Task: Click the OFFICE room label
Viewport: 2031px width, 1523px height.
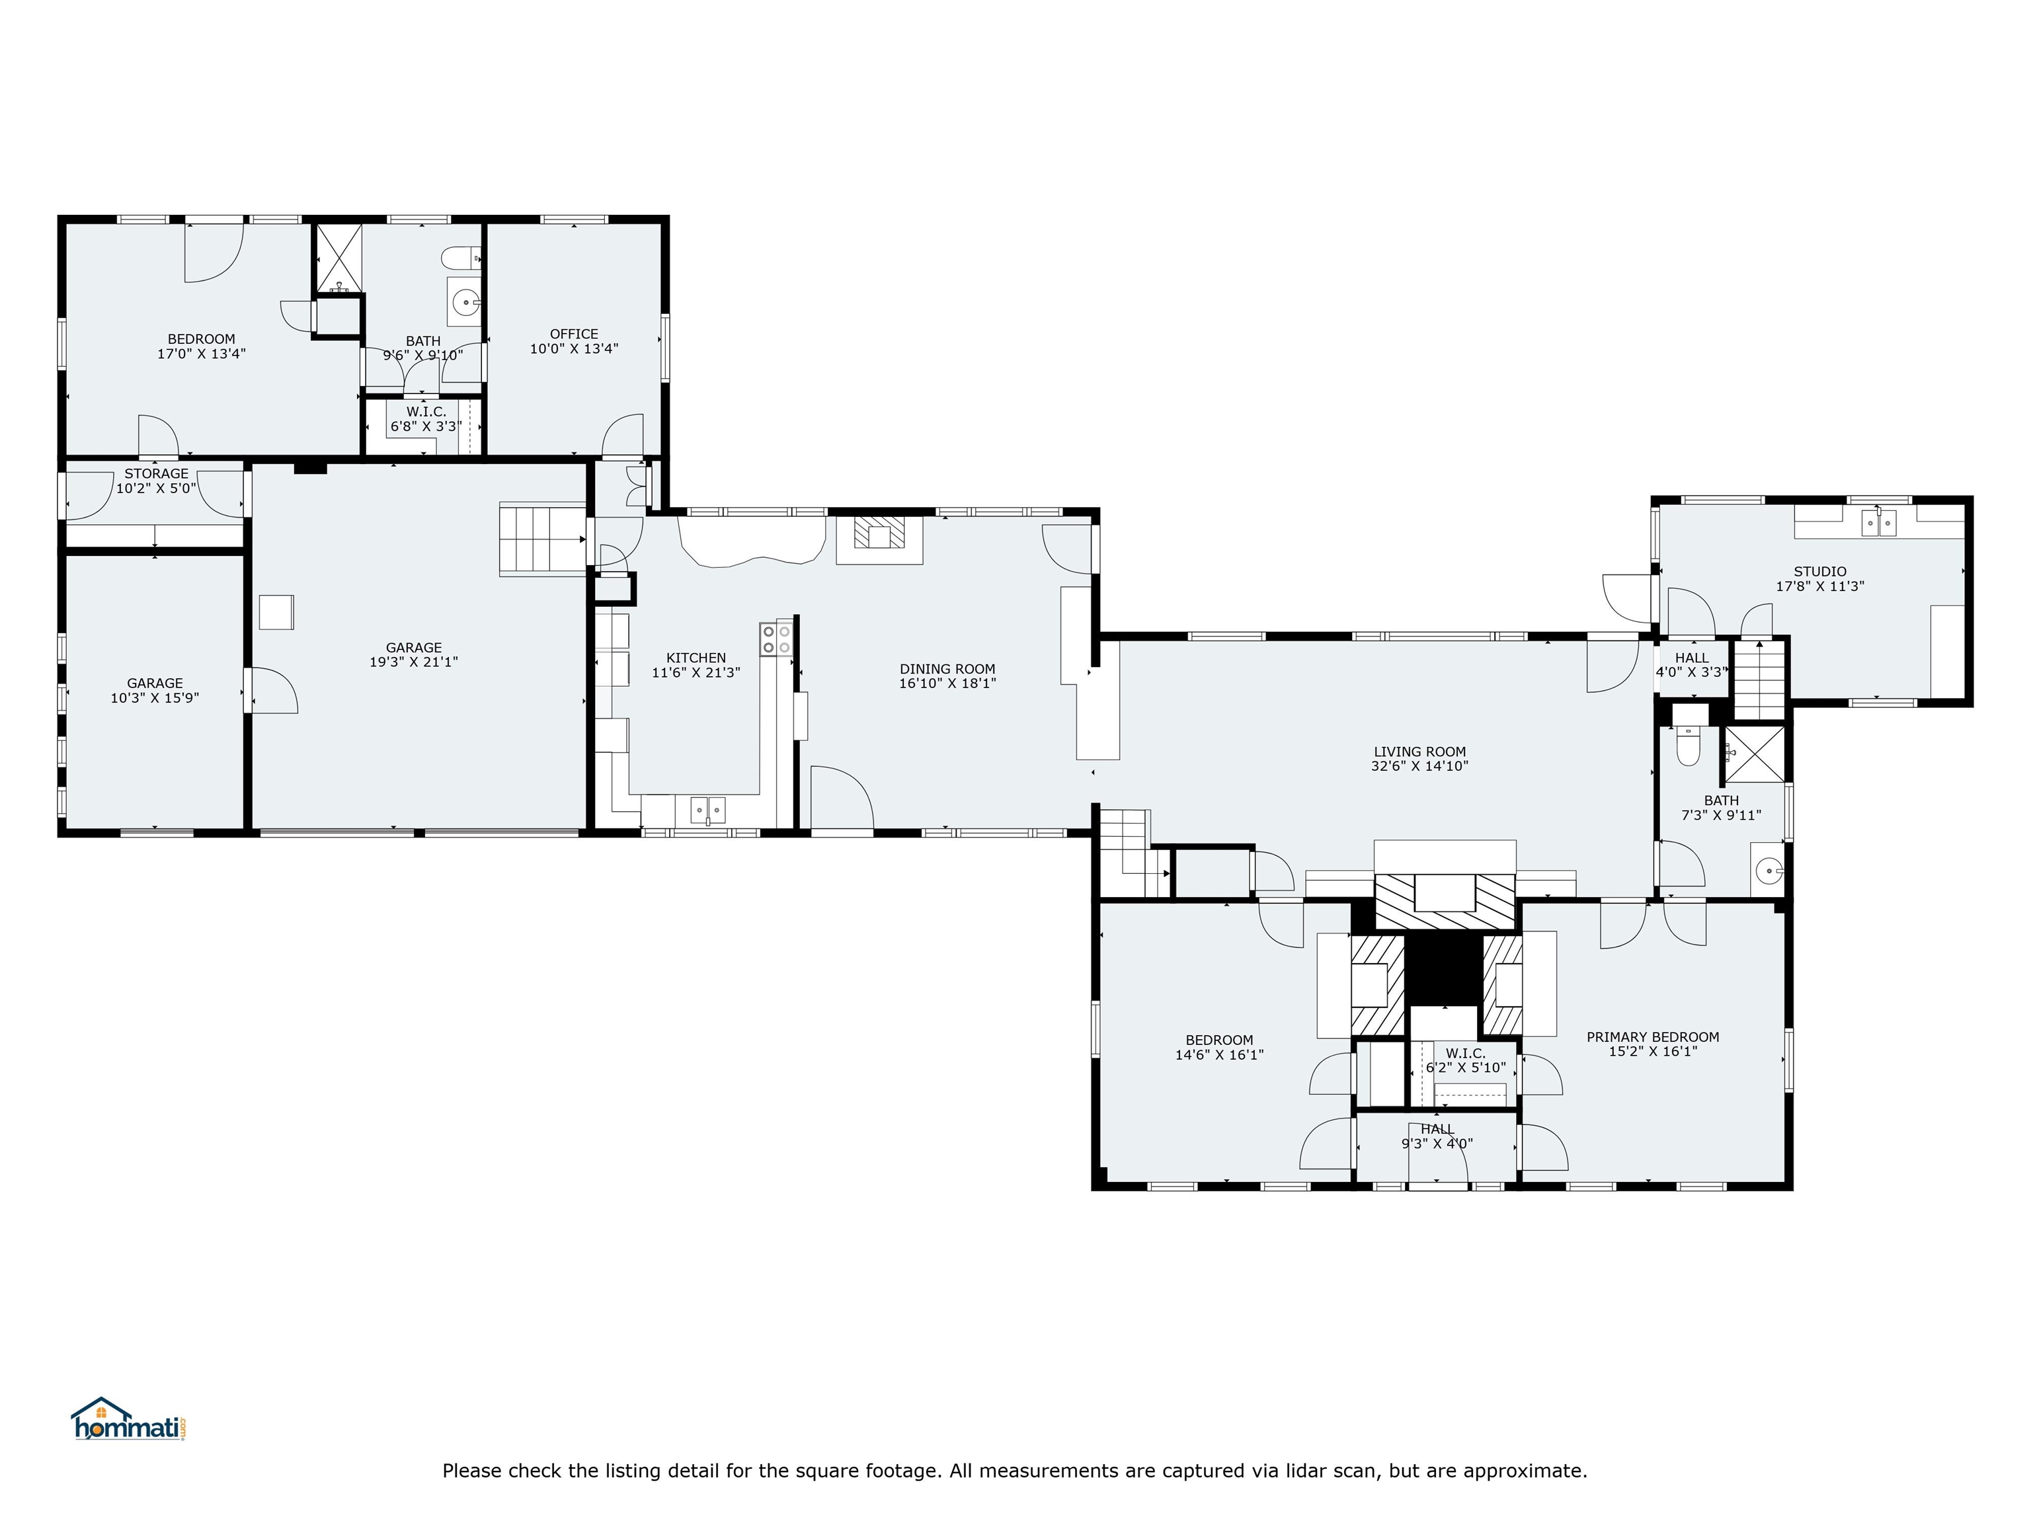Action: coord(574,334)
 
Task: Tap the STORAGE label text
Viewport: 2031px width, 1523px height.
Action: coord(156,474)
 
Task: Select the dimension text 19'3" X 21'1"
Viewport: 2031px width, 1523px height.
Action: coord(413,662)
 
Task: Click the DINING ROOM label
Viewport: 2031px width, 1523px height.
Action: coord(947,669)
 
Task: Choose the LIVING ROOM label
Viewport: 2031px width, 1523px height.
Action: coord(1419,752)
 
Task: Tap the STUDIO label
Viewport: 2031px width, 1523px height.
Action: coord(1820,572)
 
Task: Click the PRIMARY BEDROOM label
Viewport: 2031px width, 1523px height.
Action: coord(1653,1037)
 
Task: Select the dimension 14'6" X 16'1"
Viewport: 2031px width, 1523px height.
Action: coord(1219,1055)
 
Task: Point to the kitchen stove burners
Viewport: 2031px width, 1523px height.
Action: coord(776,639)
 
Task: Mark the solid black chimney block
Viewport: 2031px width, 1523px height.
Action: coord(1445,970)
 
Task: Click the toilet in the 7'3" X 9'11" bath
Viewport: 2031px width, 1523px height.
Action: coord(1688,746)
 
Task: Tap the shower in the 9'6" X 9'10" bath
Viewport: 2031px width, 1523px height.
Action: coord(338,259)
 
